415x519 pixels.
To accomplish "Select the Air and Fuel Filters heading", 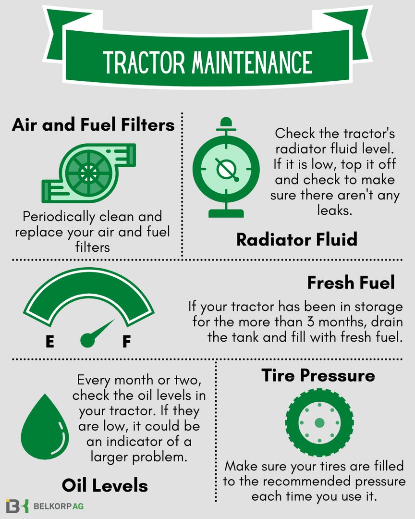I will point(93,125).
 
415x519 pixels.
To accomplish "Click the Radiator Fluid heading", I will point(297,239).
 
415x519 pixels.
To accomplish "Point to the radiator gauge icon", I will point(223,168).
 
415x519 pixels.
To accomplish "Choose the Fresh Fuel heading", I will point(351,283).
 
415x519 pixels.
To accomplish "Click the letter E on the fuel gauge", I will point(49,342).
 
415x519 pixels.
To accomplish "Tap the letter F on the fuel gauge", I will point(126,342).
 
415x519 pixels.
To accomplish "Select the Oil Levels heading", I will point(105,485).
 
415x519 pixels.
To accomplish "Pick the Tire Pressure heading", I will point(318,375).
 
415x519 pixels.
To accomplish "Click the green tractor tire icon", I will point(319,423).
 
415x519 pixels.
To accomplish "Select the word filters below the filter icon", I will point(93,247).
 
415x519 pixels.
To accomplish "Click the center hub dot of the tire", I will point(319,423).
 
